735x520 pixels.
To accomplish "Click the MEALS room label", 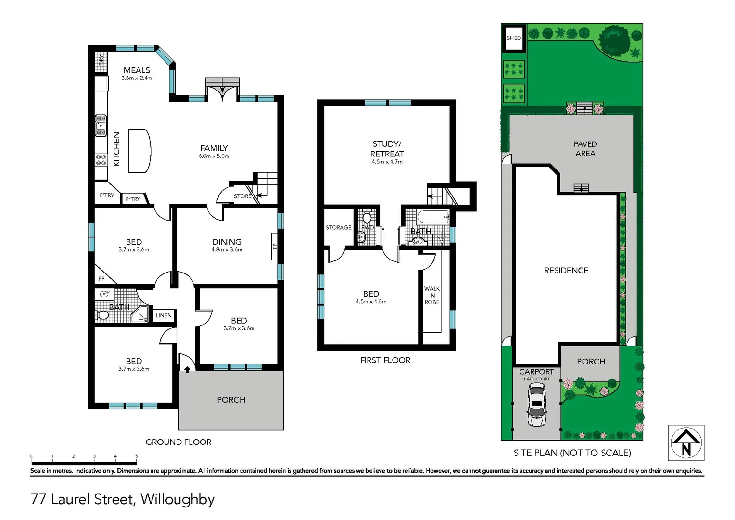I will click(x=137, y=70).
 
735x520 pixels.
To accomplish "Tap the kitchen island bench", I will click(x=139, y=151).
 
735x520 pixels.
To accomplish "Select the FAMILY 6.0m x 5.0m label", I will click(x=214, y=151).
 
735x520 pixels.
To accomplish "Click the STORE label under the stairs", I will click(x=242, y=196).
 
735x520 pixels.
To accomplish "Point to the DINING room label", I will click(x=227, y=242).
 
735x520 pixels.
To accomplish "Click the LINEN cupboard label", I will click(x=164, y=315).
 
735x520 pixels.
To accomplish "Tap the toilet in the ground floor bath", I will click(x=102, y=315).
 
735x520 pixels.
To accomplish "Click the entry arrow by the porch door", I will click(x=187, y=369).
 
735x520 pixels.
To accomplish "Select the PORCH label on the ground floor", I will click(x=231, y=400).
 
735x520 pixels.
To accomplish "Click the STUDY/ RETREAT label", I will click(x=387, y=149).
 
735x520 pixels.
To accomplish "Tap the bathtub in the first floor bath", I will click(x=433, y=217).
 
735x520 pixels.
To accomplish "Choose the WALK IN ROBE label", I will click(x=431, y=295).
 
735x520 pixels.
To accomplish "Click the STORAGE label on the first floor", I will click(x=338, y=227).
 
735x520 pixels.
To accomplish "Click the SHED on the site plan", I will click(x=514, y=38).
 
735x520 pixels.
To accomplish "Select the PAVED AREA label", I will click(x=585, y=148).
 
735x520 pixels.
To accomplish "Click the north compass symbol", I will click(x=686, y=442).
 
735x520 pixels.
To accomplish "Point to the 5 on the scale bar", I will click(x=136, y=456).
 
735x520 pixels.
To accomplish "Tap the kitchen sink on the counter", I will click(x=101, y=125).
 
